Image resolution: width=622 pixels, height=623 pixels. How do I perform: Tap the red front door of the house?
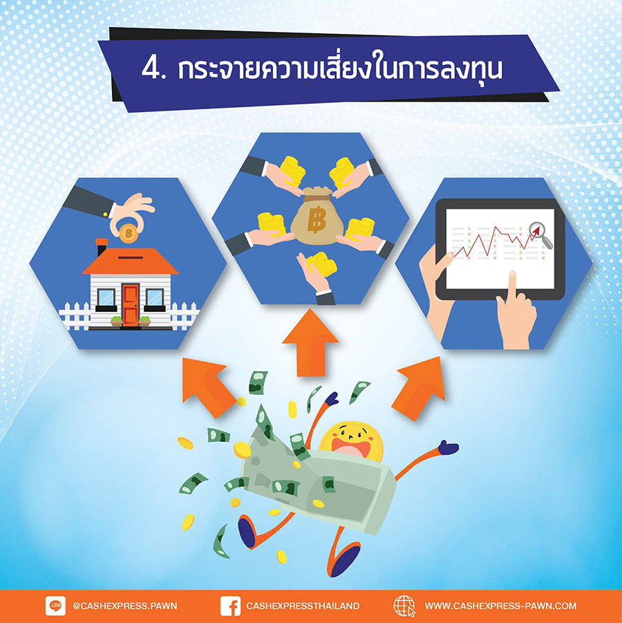click(131, 305)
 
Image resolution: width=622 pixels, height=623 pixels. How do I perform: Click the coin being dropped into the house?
click(129, 233)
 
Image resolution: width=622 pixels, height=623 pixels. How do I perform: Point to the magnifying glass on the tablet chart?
click(540, 234)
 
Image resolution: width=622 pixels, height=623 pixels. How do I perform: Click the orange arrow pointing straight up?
click(310, 342)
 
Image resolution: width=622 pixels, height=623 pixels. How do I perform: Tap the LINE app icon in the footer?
click(55, 606)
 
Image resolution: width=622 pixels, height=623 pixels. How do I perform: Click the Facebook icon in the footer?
click(230, 606)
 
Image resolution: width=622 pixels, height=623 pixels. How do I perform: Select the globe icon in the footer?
click(404, 606)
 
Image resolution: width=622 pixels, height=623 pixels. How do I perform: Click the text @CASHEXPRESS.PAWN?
click(124, 606)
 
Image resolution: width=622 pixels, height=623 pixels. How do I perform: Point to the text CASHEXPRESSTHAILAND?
click(303, 606)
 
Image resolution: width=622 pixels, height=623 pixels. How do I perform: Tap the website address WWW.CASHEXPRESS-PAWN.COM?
click(500, 606)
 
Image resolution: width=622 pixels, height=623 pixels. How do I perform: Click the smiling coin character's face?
click(351, 442)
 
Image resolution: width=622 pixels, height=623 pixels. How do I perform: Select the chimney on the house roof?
click(102, 247)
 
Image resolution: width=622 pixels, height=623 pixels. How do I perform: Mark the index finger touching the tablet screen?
click(512, 285)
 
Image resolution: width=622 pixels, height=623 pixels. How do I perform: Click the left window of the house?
click(106, 297)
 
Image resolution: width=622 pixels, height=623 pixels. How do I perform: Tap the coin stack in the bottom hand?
click(322, 264)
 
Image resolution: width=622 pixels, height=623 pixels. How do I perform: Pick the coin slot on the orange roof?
click(131, 257)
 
